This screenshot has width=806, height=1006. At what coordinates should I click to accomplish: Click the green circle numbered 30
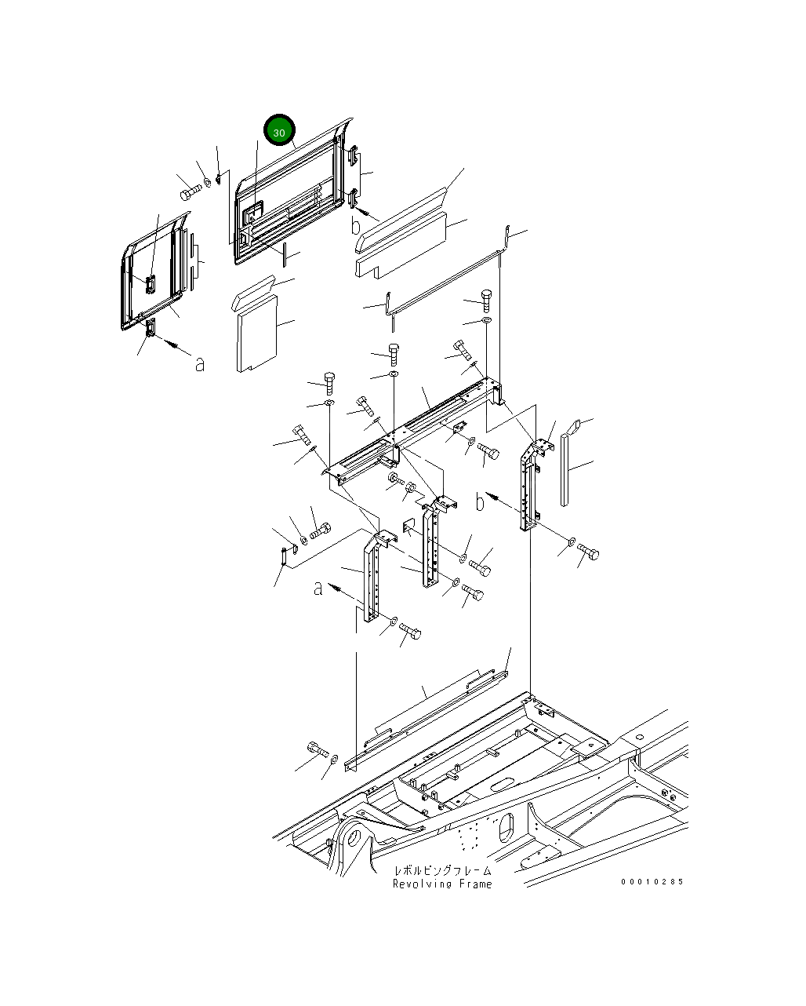[x=279, y=132]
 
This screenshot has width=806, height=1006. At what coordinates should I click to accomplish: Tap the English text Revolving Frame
[x=442, y=884]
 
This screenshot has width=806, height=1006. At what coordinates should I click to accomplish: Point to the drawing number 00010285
[x=652, y=881]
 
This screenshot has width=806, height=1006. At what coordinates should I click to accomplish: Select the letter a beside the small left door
[x=201, y=363]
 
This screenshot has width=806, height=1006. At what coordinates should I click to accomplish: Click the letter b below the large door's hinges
[x=356, y=226]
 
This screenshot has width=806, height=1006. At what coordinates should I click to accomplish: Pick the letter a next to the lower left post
[x=318, y=588]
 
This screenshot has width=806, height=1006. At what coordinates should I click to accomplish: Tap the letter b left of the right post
[x=480, y=501]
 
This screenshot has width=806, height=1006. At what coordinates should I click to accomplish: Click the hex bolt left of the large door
[x=189, y=191]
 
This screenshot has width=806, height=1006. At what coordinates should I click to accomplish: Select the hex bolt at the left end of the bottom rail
[x=317, y=749]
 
